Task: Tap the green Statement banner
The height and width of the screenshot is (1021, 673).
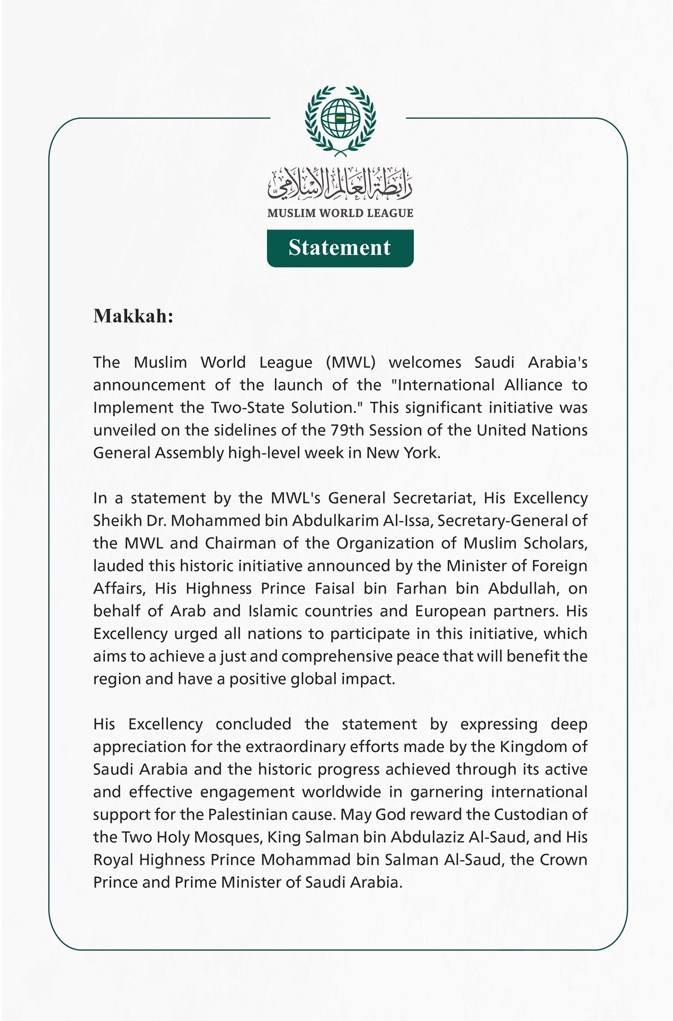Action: click(340, 248)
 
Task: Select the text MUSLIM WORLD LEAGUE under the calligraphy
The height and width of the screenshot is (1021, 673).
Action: click(340, 213)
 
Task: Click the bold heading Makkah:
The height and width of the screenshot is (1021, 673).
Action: click(133, 316)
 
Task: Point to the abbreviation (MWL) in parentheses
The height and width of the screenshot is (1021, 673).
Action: click(351, 362)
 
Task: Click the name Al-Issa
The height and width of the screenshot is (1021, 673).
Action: click(408, 521)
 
